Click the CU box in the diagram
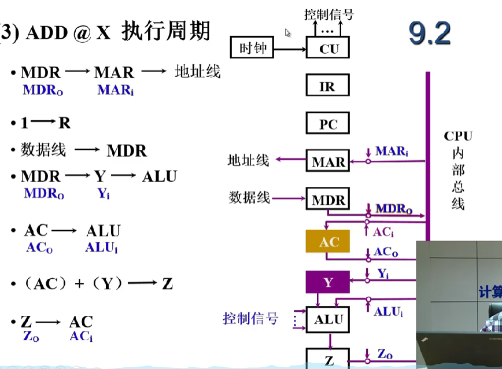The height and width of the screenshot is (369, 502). tap(328, 49)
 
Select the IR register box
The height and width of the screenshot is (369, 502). tap(328, 86)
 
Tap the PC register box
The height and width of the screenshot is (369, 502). tap(328, 124)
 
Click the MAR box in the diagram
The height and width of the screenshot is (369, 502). tap(328, 161)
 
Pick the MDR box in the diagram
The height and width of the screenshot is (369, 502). tap(328, 200)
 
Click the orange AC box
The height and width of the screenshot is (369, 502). tap(328, 241)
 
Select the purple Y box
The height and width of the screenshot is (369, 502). tap(328, 282)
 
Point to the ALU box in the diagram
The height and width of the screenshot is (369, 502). tap(328, 319)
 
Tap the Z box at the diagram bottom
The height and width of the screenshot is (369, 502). tap(328, 359)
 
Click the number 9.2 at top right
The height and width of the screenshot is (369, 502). tap(430, 34)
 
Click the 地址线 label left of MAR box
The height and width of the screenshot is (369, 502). tap(249, 160)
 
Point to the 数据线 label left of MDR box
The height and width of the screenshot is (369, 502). tap(249, 198)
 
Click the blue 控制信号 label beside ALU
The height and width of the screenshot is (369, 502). tap(250, 318)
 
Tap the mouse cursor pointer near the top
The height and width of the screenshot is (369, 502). tap(287, 33)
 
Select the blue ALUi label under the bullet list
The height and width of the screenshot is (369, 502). tap(101, 248)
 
